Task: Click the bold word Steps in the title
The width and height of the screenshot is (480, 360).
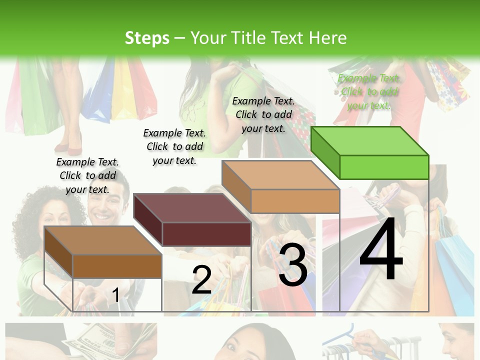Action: coord(146,38)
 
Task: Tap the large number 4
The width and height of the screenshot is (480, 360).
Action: coord(381,250)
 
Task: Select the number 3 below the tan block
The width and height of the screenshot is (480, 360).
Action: coord(293,265)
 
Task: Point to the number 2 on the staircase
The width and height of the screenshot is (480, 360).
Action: coord(201,279)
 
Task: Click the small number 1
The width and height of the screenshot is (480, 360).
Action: coord(115,295)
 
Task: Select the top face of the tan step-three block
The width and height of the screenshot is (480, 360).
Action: coord(280,175)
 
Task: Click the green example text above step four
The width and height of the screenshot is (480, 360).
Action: coord(369,91)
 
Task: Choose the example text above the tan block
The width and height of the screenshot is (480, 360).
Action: coord(263,114)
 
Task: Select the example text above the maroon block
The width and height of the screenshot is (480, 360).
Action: coord(174,146)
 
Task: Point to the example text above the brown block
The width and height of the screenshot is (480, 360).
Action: coord(87,175)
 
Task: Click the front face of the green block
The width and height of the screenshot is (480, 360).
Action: coord(384,167)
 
